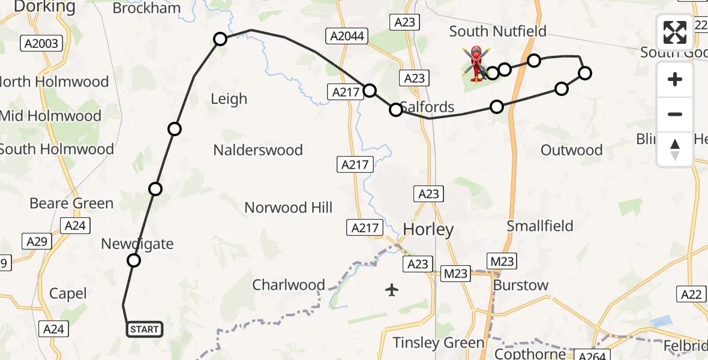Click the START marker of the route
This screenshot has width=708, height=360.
[x=145, y=329]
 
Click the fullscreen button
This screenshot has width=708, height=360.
[x=675, y=32]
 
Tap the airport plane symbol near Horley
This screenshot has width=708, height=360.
[x=392, y=290]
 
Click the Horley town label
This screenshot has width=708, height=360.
[x=428, y=229]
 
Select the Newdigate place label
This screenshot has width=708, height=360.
[x=137, y=244]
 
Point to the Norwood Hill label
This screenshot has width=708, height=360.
[x=288, y=208]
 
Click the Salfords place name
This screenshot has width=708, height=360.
[x=427, y=107]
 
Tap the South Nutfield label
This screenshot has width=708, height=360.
[x=497, y=31]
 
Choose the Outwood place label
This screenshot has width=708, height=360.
[x=571, y=150]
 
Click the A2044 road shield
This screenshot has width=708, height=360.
[x=347, y=36]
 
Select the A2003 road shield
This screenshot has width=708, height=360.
[x=41, y=43]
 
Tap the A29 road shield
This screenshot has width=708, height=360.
[x=37, y=241]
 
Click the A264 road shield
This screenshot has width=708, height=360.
[x=592, y=355]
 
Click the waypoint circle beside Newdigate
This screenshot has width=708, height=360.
[x=134, y=260]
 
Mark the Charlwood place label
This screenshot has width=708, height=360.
[x=289, y=285]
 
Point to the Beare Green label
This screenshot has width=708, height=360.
[x=71, y=203]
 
